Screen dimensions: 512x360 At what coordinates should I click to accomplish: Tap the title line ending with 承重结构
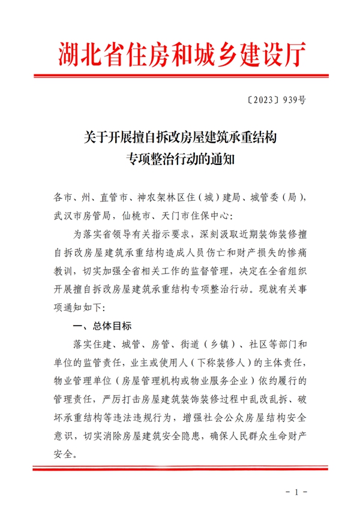[180, 138]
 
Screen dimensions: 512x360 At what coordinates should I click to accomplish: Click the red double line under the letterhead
[180, 76]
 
